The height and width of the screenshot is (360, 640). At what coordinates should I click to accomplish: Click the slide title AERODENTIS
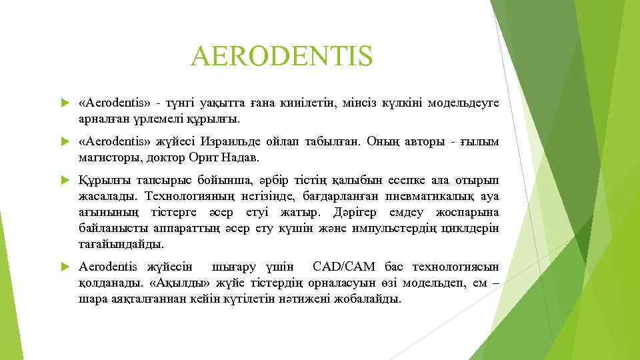click(281, 57)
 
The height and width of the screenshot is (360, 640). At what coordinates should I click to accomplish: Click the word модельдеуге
click(463, 103)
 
